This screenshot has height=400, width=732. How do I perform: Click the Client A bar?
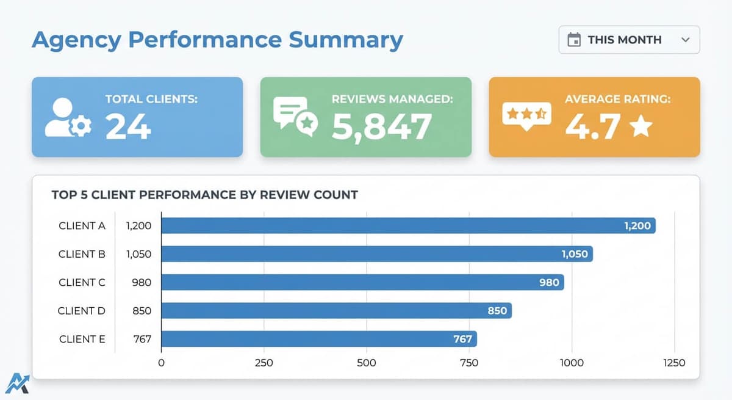[407, 225]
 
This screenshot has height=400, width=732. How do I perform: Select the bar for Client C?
[362, 282]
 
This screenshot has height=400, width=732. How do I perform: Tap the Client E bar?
[318, 339]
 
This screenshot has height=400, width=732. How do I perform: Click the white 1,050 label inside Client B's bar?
[575, 254]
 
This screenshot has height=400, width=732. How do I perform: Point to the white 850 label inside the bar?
[497, 311]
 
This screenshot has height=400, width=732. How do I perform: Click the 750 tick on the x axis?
[469, 363]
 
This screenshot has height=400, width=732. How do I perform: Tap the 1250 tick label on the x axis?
[674, 363]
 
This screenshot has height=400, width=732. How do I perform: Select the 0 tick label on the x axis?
[161, 363]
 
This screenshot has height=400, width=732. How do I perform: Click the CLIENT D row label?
[82, 311]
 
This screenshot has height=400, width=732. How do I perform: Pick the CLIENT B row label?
[82, 254]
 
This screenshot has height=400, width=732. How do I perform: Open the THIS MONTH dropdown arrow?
[685, 40]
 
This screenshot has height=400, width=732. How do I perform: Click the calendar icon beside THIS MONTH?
[574, 40]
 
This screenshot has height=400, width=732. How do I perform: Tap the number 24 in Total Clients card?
[128, 126]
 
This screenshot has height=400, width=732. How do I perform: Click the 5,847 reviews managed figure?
[382, 126]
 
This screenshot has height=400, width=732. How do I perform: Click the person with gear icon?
[68, 118]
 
